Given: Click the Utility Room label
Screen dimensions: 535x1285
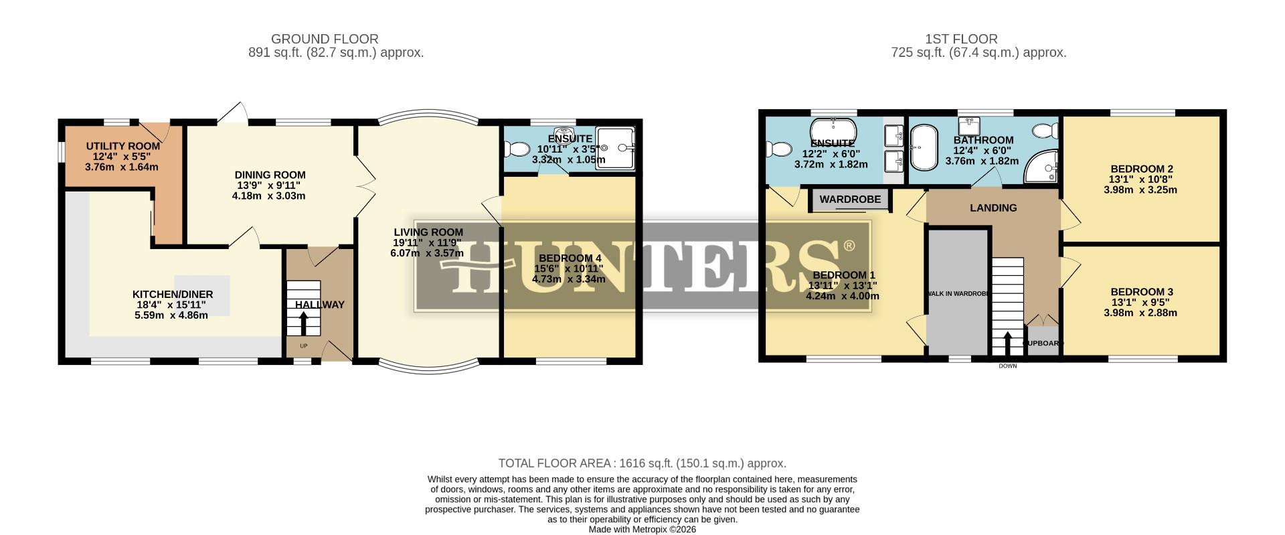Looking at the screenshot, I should [122, 146].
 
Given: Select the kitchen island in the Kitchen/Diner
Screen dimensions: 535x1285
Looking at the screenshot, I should [202, 295].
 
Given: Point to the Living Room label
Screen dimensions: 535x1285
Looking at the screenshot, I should [428, 232].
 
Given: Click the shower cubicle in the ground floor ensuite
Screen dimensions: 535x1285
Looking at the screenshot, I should [614, 147].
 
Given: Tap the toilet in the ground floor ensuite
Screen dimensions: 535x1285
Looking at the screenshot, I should [517, 148].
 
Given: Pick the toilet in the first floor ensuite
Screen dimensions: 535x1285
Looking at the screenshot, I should [778, 148].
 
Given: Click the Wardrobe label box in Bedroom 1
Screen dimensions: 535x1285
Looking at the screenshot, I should [849, 200].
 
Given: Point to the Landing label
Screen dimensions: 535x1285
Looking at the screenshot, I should [993, 208].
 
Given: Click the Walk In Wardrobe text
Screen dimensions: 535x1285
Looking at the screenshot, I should [957, 293].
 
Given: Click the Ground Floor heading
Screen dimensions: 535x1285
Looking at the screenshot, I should [325, 39].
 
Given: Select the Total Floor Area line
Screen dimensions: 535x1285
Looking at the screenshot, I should [642, 463].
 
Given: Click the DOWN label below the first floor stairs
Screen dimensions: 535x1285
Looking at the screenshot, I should [1007, 366].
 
